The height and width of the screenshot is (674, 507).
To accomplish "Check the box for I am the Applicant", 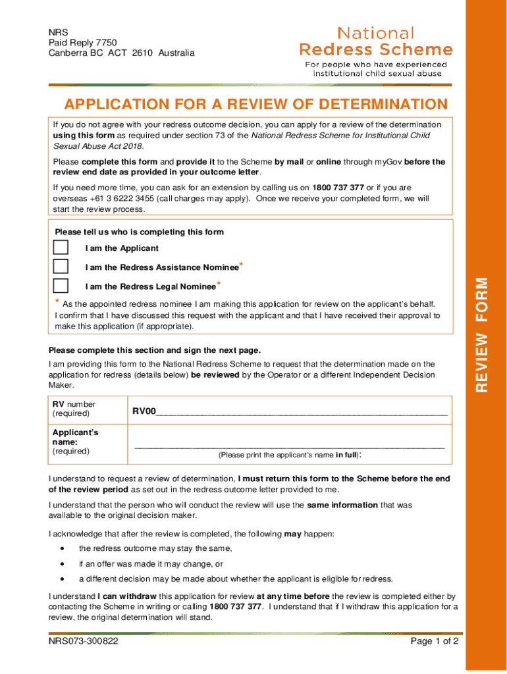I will (x=61, y=247).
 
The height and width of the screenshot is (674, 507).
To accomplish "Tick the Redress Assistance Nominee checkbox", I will (x=61, y=267).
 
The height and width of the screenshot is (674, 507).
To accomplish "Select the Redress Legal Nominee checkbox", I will (x=61, y=286).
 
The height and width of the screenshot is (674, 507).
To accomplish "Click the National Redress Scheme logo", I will (x=376, y=51).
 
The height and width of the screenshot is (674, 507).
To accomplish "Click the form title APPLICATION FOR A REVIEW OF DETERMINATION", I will (x=255, y=105).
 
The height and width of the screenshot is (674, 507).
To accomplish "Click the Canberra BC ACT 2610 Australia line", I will (x=122, y=53).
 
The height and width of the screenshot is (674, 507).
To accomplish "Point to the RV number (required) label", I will (x=74, y=409).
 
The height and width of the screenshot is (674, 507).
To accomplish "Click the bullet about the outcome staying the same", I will (x=155, y=548).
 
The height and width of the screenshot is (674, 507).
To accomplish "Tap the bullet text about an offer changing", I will (x=151, y=564).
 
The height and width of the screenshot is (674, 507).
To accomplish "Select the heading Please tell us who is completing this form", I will (x=139, y=232).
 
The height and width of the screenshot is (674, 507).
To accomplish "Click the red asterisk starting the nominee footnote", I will (x=57, y=303).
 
